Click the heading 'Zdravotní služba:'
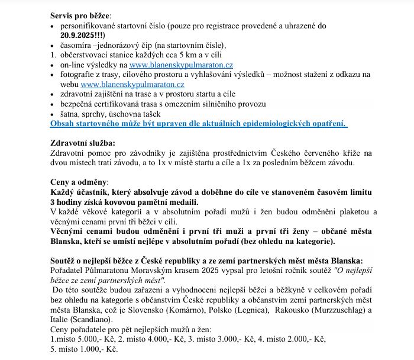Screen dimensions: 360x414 [x=83, y=143]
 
